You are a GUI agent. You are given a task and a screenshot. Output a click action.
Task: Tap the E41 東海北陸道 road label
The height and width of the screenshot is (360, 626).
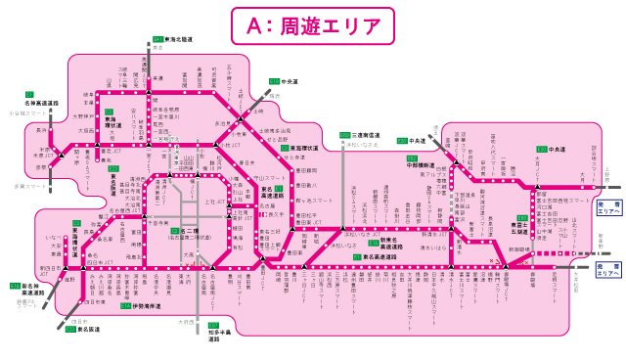pyautogui.click(x=177, y=39)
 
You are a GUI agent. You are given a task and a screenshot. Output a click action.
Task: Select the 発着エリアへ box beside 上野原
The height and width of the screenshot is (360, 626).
pyautogui.click(x=606, y=206)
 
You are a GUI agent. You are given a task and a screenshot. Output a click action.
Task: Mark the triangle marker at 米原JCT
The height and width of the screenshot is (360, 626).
pyautogui.click(x=60, y=156)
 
